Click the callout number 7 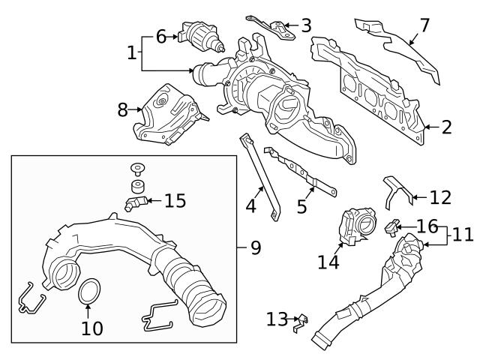pyautogui.click(x=424, y=25)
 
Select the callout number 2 pyautogui.click(x=446, y=127)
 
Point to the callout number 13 pyautogui.click(x=276, y=320)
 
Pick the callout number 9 pyautogui.click(x=255, y=247)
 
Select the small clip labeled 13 pyautogui.click(x=300, y=322)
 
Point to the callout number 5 pyautogui.click(x=301, y=206)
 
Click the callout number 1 pyautogui.click(x=132, y=53)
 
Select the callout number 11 pyautogui.click(x=462, y=235)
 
